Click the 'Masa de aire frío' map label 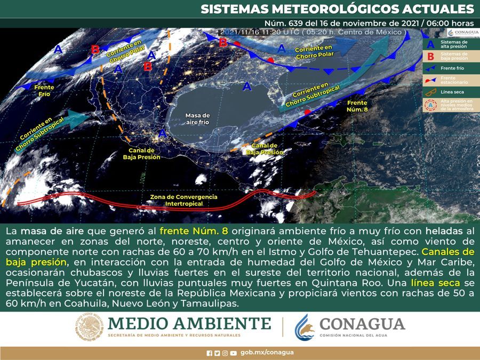pyautogui.click(x=197, y=118)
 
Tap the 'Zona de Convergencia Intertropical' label pyautogui.click(x=184, y=200)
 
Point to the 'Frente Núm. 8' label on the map pyautogui.click(x=357, y=105)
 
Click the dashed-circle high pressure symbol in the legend pyautogui.click(x=430, y=105)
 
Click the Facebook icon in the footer pyautogui.click(x=209, y=353)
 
